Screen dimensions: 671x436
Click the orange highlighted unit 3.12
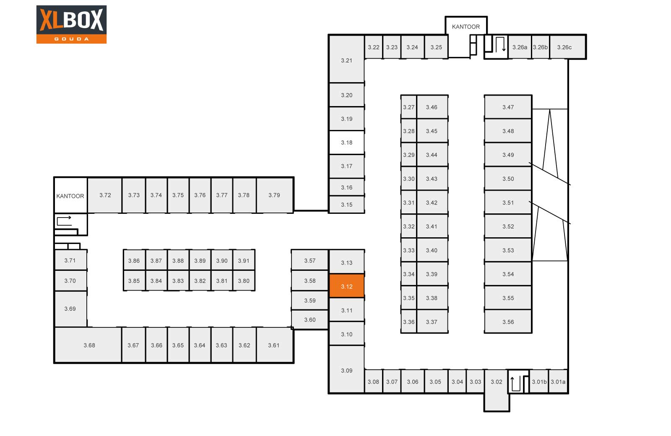[x=346, y=285]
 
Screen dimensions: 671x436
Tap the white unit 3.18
[x=346, y=143]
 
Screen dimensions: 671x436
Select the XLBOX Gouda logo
[x=71, y=24]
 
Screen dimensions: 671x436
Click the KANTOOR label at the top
[x=466, y=27]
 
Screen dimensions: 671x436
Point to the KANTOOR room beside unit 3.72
[x=71, y=195]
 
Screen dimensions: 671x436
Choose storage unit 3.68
[x=88, y=345]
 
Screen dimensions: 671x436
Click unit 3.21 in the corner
[x=346, y=59]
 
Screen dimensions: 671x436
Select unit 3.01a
[x=558, y=381]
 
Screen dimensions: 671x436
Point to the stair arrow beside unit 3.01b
[x=515, y=384]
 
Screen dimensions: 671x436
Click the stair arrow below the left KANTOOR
[x=64, y=221]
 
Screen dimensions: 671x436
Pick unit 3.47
[x=508, y=107]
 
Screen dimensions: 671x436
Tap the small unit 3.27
[x=408, y=107]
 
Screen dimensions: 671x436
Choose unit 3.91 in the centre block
[x=244, y=260]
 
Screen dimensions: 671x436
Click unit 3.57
[x=310, y=260]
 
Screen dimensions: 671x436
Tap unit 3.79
[x=275, y=195]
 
